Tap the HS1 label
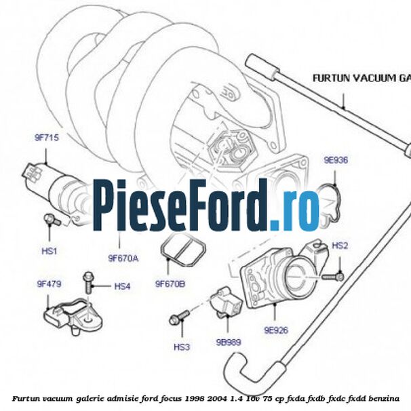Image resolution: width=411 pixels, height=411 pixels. [x=49, y=251]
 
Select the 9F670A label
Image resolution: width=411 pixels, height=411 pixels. [x=123, y=258]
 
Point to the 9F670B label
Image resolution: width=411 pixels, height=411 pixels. [x=170, y=283]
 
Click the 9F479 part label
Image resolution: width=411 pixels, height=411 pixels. [x=48, y=283]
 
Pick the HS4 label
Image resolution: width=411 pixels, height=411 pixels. [x=122, y=286]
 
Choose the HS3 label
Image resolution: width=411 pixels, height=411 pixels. [x=181, y=347]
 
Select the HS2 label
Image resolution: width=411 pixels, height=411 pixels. [x=340, y=245]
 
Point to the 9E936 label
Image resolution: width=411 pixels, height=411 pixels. [x=335, y=161]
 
